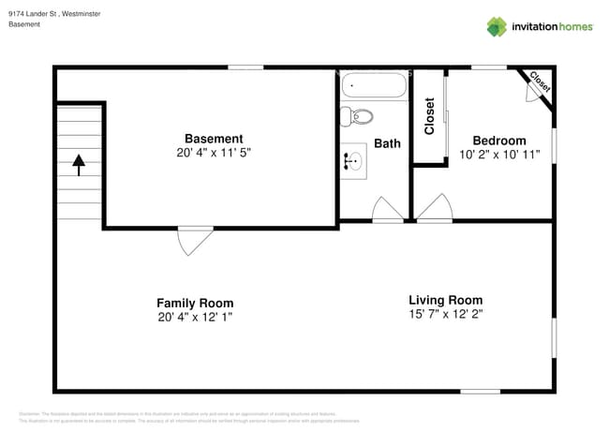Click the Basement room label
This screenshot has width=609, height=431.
(214, 139)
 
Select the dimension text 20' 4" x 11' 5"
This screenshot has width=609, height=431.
(214, 153)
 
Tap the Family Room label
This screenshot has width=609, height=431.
(195, 303)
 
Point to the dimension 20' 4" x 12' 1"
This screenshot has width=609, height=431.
(195, 318)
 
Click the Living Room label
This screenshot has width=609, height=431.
(445, 300)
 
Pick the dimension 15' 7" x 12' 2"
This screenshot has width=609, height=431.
(445, 314)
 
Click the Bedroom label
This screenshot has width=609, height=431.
(498, 141)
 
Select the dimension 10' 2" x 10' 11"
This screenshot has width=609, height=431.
(499, 155)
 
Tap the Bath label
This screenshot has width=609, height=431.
(387, 143)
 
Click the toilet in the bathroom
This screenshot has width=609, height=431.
(357, 116)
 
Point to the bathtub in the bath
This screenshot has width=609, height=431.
(374, 86)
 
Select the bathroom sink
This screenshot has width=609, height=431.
(354, 162)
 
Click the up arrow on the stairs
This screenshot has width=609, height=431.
(79, 165)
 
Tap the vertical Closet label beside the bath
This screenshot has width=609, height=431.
(430, 116)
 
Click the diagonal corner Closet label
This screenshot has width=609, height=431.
(540, 82)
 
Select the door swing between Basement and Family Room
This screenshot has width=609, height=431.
(194, 240)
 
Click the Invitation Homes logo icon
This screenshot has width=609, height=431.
(497, 26)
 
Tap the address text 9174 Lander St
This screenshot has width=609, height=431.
(38, 14)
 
